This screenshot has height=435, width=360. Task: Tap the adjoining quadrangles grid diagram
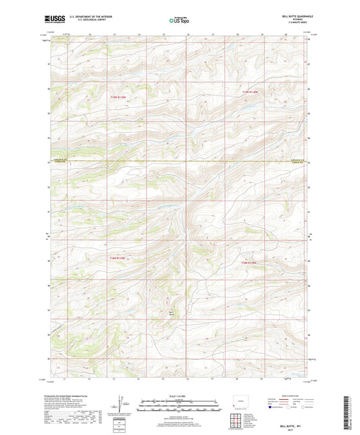coord(240,422)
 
